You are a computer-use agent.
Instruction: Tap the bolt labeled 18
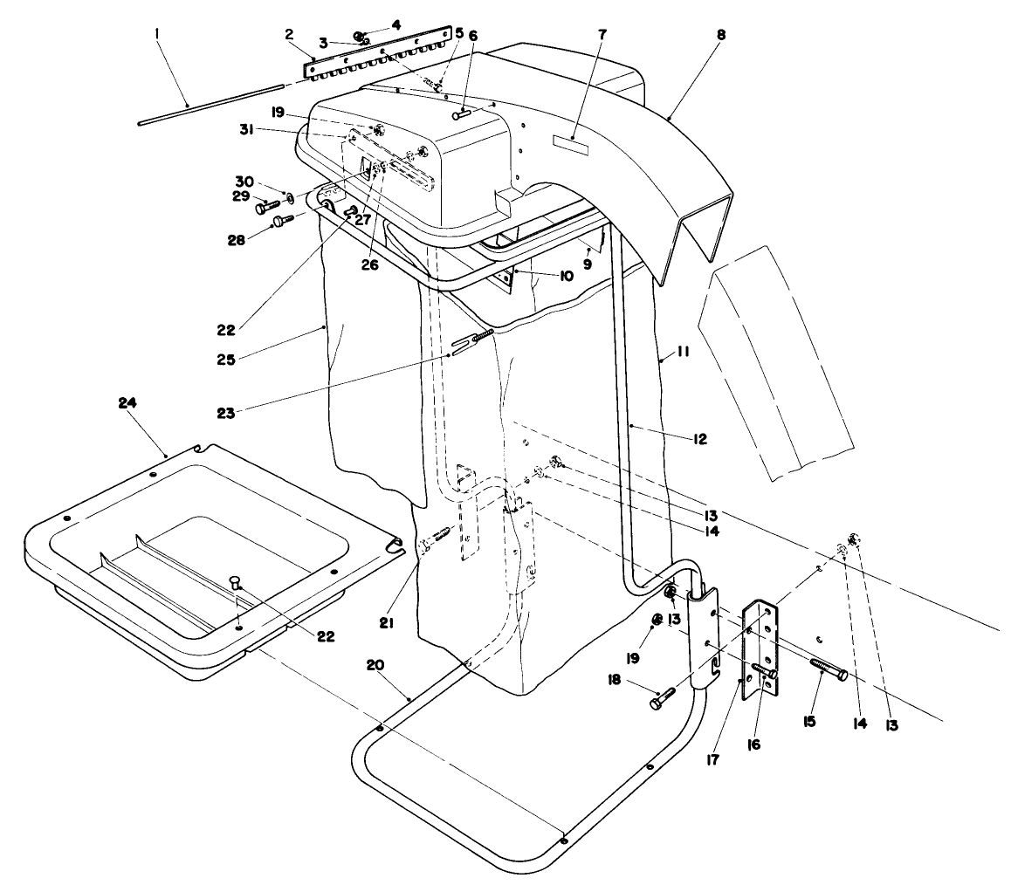663,699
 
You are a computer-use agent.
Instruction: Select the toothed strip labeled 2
375,54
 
